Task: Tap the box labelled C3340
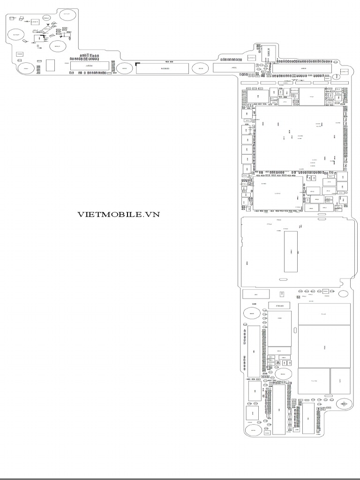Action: point(279,306)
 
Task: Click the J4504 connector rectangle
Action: point(90,67)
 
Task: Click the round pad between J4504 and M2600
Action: point(125,68)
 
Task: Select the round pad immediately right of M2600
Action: point(200,68)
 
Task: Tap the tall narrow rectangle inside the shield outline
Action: point(291,252)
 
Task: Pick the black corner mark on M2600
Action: point(137,63)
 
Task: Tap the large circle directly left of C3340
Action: point(252,314)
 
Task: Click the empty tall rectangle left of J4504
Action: point(51,66)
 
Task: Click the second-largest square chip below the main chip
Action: point(278,192)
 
